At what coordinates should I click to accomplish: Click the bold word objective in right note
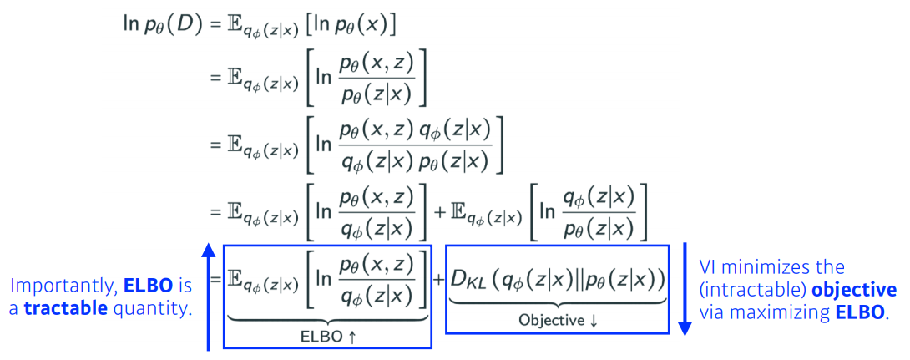857,290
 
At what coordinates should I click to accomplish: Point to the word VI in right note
710,268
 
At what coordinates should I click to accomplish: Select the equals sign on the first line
214,24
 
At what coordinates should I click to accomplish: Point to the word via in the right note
714,312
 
